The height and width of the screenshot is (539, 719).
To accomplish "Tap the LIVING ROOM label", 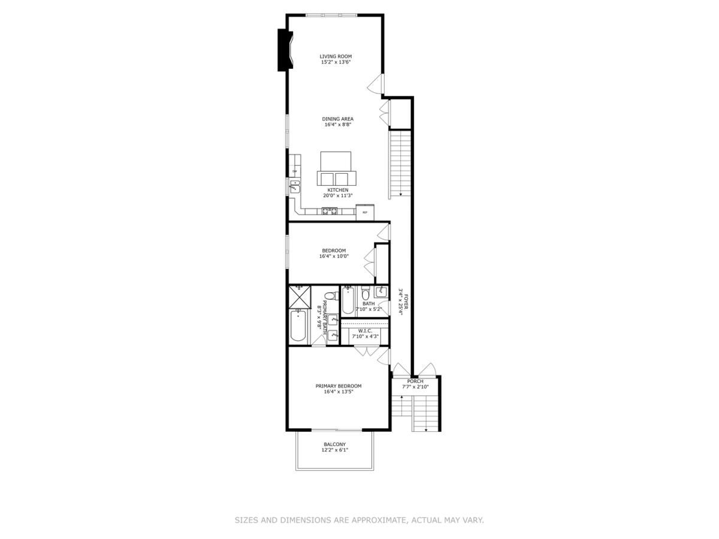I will tap(336, 56).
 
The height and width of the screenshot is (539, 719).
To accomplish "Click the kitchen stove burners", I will tap(330, 211).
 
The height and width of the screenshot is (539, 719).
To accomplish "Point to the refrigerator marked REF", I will tap(365, 212).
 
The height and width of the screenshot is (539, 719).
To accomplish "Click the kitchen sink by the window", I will tap(294, 188).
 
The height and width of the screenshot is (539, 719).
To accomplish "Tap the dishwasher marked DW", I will tap(294, 172).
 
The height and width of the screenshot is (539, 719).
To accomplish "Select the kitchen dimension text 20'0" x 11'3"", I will tap(337, 196).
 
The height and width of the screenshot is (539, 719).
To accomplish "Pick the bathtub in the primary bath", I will tap(298, 326).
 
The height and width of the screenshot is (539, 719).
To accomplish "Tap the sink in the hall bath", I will tap(381, 293).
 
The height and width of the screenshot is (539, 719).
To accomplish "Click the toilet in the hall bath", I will tap(365, 294).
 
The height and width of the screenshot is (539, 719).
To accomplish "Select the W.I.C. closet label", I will tap(365, 331).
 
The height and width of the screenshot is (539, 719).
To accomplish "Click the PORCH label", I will tap(415, 381).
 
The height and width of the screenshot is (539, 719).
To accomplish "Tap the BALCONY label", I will tap(334, 444).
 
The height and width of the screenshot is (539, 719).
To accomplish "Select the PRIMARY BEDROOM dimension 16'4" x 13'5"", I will tap(339, 392).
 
